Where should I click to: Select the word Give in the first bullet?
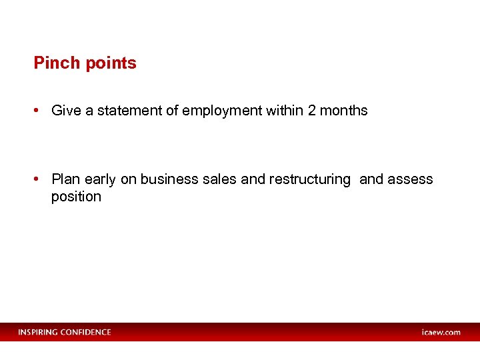pyautogui.click(x=65, y=111)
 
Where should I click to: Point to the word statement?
pyautogui.click(x=122, y=111)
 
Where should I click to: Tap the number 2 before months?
pyautogui.click(x=312, y=111)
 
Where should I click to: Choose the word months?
pyautogui.click(x=344, y=111)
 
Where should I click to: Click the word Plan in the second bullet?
pyautogui.click(x=65, y=179)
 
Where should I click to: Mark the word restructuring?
pyautogui.click(x=309, y=180)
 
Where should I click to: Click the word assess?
pyautogui.click(x=411, y=179)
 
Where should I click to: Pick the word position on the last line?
pyautogui.click(x=76, y=197)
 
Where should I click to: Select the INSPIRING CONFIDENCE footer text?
pyautogui.click(x=65, y=332)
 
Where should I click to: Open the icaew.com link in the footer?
pyautogui.click(x=441, y=332)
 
